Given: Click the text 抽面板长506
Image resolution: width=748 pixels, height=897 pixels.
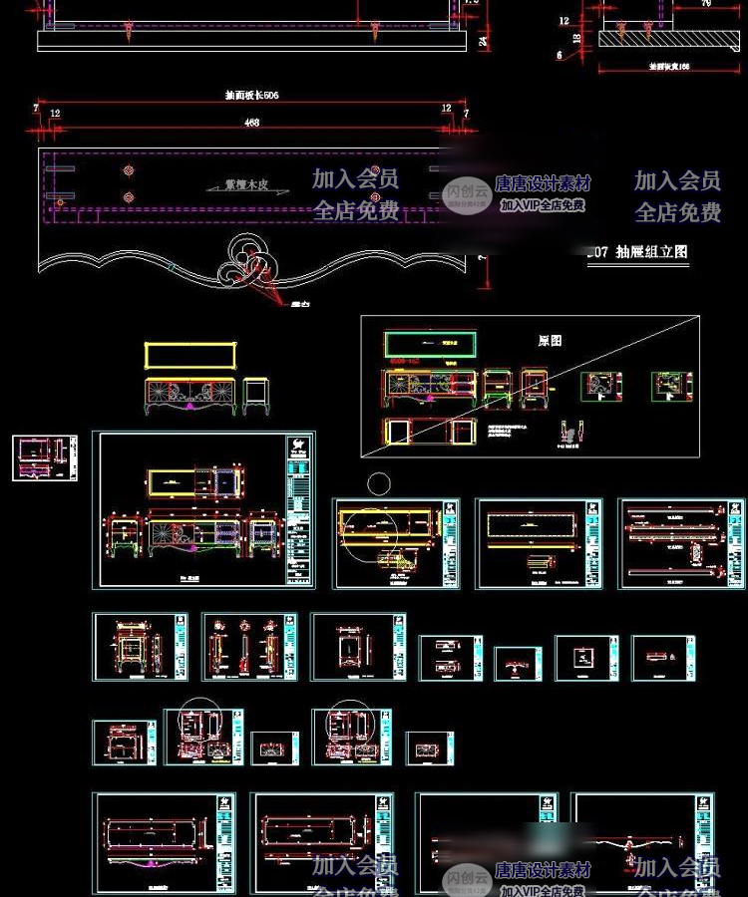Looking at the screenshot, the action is pos(251,96).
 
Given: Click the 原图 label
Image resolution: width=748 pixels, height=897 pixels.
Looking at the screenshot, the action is pos(550,340).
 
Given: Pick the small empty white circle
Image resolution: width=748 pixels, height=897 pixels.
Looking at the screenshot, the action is pos(378,484).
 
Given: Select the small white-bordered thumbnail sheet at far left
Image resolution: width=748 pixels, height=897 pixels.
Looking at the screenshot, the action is pos(45,457).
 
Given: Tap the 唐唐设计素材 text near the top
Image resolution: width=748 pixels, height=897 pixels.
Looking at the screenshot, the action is pos(543,183).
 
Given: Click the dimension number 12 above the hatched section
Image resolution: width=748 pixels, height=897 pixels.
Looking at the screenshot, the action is pos(563,21).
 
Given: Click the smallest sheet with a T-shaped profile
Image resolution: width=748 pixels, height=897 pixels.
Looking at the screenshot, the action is pos(518,663).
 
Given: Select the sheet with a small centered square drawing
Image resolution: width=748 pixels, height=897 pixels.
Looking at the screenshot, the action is pos(587,658).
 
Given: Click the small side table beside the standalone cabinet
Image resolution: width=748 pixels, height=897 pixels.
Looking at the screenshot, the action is pos(257,395).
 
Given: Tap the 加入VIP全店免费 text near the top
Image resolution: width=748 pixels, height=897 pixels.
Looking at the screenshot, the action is pos(543,205).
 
